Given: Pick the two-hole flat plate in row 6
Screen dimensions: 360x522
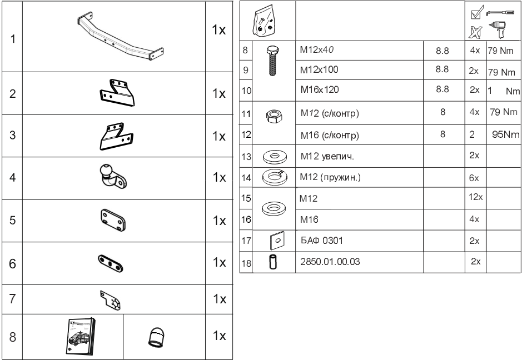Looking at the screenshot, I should click(112, 261).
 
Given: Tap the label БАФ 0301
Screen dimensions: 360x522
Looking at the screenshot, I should click(317, 241).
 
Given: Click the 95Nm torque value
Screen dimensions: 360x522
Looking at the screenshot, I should click(504, 134).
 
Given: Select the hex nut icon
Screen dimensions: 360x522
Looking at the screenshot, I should click(274, 115).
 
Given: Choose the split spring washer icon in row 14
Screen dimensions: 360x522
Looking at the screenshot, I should click(274, 177).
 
